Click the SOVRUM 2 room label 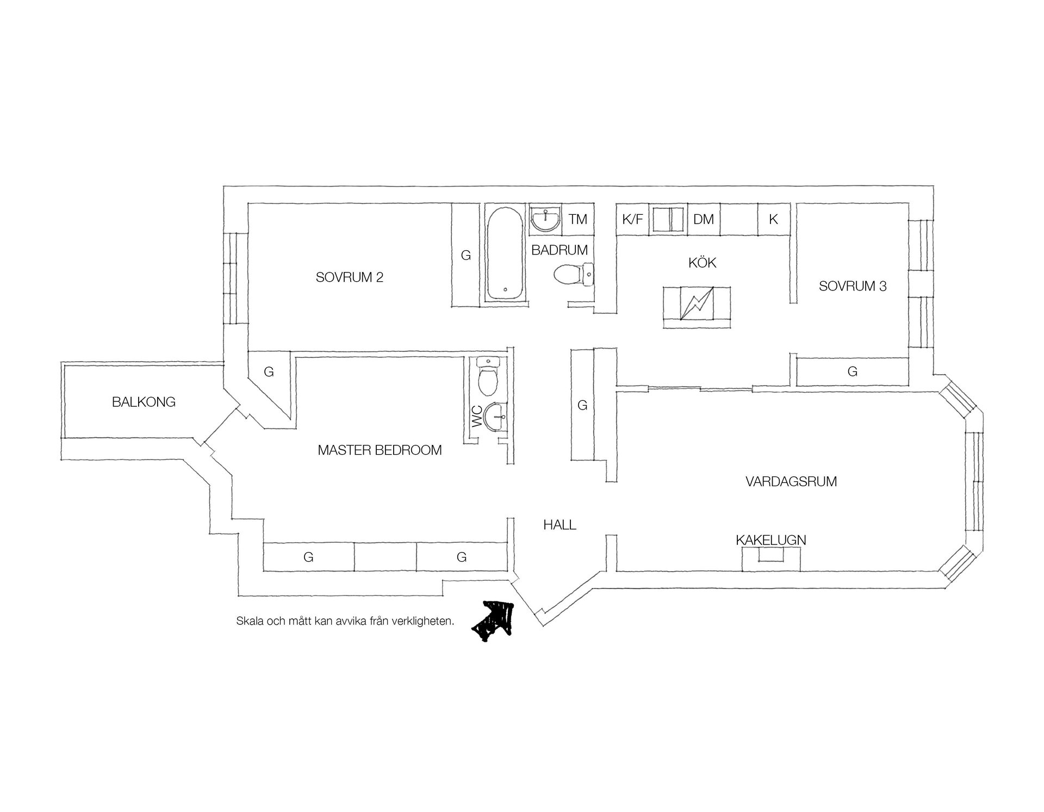pos(349,277)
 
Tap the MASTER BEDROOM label pos(380,450)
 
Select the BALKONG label pos(144,402)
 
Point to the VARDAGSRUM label pos(791,481)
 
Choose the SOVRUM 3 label pos(853,286)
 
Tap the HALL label pos(560,525)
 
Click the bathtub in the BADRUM pos(505,253)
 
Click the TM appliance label pos(578,219)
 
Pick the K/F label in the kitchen pos(632,219)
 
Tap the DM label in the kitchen pos(704,219)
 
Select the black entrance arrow pos(493,618)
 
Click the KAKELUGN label pos(770,540)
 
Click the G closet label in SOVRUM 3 pos(853,371)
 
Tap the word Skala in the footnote pos(248,621)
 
